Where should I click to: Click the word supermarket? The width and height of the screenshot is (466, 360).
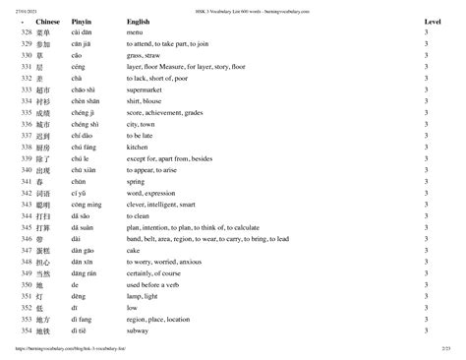click(148, 116)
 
